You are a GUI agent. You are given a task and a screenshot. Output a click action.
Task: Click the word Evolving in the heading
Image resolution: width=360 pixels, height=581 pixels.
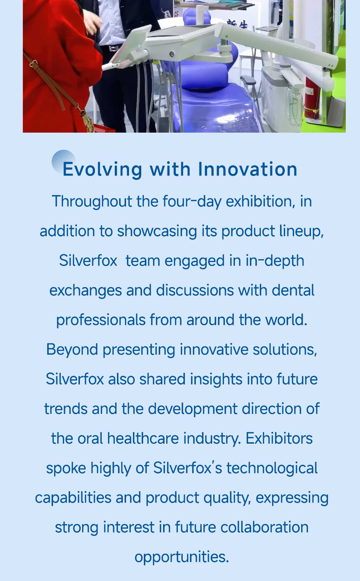[102, 170]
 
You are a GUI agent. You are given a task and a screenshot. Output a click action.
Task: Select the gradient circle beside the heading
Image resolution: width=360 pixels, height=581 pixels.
[64, 162]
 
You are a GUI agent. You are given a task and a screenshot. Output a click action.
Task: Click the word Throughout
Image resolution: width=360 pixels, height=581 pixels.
[92, 202]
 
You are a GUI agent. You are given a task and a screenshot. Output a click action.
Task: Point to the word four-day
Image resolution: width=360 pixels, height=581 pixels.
[192, 202]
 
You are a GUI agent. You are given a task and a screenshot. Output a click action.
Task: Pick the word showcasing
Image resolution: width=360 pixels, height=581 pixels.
[157, 231]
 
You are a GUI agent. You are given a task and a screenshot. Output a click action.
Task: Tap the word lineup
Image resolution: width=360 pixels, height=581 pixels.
[301, 231]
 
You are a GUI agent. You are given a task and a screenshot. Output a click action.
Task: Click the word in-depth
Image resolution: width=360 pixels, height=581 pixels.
[275, 261]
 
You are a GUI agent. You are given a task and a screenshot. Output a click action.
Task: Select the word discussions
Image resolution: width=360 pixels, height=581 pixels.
[195, 290]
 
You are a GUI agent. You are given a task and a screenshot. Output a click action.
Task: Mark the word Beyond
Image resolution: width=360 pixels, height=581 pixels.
[72, 350]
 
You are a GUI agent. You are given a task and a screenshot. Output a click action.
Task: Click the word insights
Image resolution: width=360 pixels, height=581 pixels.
[216, 379]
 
